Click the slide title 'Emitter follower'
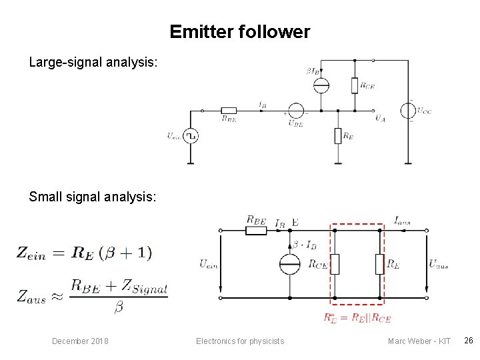[239, 31]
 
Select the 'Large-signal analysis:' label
[93, 63]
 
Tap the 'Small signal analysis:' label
[93, 197]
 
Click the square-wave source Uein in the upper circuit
[191, 136]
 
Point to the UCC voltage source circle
[407, 111]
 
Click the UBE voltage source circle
[295, 111]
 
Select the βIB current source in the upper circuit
[321, 85]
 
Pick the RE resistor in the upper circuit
[339, 136]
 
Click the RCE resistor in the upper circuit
[355, 85]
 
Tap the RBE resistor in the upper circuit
[229, 111]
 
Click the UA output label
[380, 119]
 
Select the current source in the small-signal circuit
[290, 264]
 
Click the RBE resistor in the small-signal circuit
[256, 231]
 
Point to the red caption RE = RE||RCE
[357, 317]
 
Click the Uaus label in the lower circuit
[438, 264]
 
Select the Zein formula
[85, 253]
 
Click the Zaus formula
[93, 294]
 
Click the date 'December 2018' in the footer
[80, 341]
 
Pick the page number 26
[469, 341]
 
